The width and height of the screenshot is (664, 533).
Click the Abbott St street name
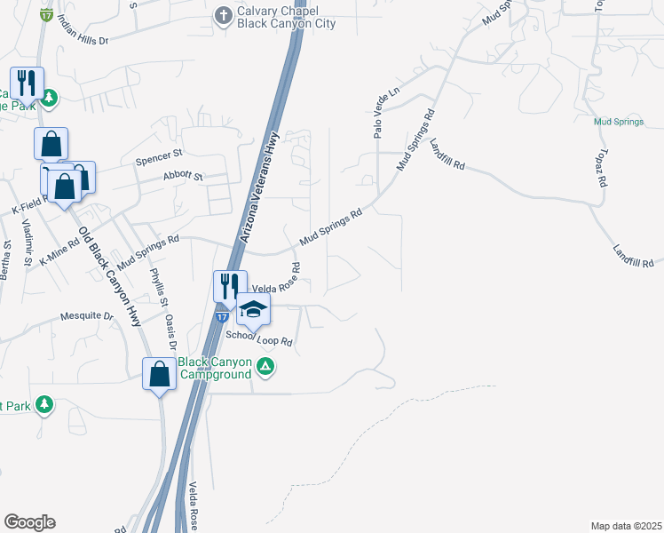[184, 177]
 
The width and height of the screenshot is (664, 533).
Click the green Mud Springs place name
[619, 121]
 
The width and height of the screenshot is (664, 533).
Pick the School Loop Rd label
[258, 338]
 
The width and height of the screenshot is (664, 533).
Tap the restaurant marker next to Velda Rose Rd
[229, 285]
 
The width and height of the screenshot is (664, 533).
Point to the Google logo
[29, 522]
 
